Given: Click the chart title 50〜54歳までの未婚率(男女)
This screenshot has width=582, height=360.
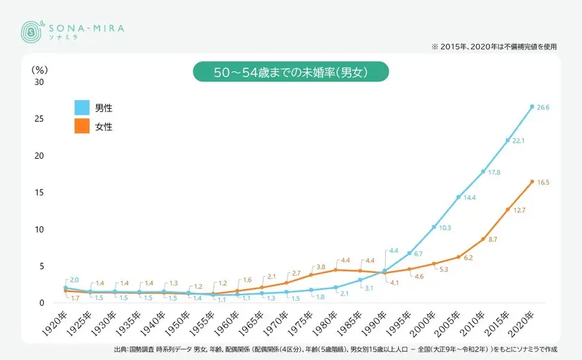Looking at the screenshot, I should tap(290, 72).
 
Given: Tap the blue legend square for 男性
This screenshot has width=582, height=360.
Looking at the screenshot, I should tap(82, 108).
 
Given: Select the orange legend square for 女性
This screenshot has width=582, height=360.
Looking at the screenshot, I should tap(82, 127).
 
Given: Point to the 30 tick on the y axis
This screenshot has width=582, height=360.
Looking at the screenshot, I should tap(39, 82).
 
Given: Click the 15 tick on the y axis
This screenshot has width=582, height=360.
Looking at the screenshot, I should tap(39, 193).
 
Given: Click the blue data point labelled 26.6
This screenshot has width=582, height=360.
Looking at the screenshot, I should tap(532, 107).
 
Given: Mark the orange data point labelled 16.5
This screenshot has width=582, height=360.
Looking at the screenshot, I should tap(532, 182).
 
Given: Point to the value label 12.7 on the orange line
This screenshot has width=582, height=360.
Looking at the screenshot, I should tap(519, 210).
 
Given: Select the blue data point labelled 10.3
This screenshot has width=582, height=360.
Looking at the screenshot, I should tap(434, 227).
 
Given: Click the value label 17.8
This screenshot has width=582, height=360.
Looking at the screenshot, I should tap(494, 172).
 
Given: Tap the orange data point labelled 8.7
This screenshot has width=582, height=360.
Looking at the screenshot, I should tap(483, 239).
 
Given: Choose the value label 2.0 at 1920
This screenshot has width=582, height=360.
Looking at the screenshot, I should tap(74, 279).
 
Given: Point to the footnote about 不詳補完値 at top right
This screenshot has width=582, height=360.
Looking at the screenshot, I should tap(494, 47).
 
